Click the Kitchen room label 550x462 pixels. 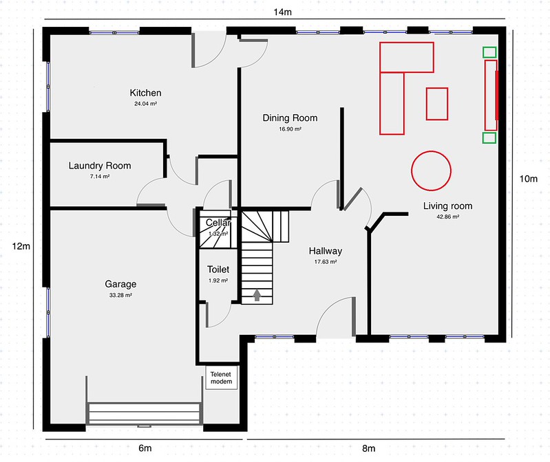click(x=145, y=93)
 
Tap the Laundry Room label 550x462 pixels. click(x=100, y=166)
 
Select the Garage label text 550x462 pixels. click(x=120, y=284)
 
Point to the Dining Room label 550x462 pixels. click(x=290, y=118)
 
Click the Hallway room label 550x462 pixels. click(x=326, y=251)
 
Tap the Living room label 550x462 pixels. click(x=447, y=206)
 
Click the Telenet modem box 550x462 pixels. click(x=222, y=377)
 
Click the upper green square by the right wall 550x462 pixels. click(x=489, y=52)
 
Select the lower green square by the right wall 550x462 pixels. click(x=489, y=137)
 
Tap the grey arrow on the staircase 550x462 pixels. click(x=257, y=295)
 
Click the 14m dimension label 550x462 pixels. click(x=282, y=12)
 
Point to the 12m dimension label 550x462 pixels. click(x=21, y=247)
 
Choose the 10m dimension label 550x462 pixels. click(x=528, y=179)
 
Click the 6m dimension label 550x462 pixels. click(x=145, y=448)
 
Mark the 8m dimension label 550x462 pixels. click(x=369, y=448)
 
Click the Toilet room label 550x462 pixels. click(x=218, y=269)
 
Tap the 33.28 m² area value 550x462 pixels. click(x=120, y=295)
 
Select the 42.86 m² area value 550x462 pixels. click(x=448, y=217)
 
